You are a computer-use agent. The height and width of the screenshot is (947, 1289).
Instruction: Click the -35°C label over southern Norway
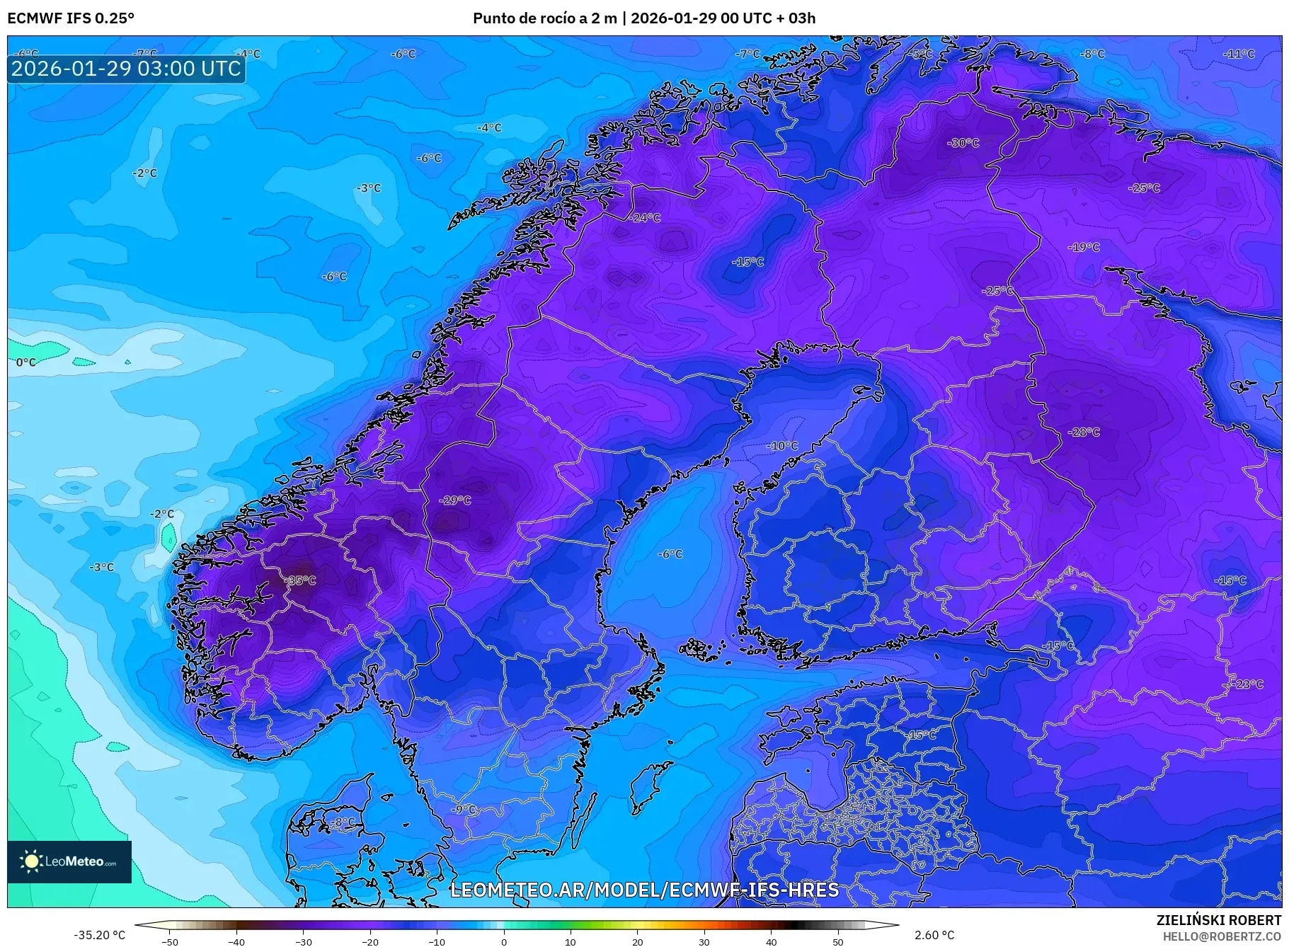pyautogui.click(x=301, y=580)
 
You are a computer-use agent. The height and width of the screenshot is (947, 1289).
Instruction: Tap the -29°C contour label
pyautogui.click(x=455, y=500)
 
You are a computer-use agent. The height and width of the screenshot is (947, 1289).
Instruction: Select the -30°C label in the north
pyautogui.click(x=963, y=143)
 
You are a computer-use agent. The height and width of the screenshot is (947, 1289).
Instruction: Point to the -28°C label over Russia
pyautogui.click(x=1084, y=432)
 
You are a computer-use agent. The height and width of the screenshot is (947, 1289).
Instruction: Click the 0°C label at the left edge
pyautogui.click(x=26, y=362)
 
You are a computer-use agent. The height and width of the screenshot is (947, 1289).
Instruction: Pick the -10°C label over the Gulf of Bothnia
pyautogui.click(x=782, y=446)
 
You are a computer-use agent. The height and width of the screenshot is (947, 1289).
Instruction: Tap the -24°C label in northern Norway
pyautogui.click(x=645, y=218)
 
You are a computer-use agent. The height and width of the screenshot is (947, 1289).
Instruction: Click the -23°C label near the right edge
pyautogui.click(x=1248, y=684)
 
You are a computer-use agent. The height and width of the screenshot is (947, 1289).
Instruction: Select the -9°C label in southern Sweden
pyautogui.click(x=465, y=809)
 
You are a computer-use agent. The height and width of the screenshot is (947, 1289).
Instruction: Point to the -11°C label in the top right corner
pyautogui.click(x=1239, y=54)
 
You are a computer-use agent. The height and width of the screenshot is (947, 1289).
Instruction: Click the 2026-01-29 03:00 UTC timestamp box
pyautogui.click(x=126, y=69)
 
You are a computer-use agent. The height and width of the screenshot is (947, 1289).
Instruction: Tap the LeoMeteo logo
pyautogui.click(x=69, y=861)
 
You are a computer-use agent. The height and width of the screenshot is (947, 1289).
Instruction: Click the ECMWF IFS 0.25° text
pyautogui.click(x=71, y=18)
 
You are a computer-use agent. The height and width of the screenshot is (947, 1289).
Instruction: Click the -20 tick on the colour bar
pyautogui.click(x=369, y=941)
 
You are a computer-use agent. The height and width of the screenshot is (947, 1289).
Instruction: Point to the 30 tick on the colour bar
pyautogui.click(x=704, y=941)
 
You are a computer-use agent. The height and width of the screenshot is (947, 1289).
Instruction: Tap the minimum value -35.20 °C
pyautogui.click(x=100, y=935)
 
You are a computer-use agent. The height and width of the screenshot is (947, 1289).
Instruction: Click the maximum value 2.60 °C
pyautogui.click(x=934, y=935)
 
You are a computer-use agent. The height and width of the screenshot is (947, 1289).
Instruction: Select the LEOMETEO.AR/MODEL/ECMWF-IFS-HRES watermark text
pyautogui.click(x=644, y=890)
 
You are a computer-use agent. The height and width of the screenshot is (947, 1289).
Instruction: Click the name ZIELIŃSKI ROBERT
pyautogui.click(x=1218, y=920)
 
